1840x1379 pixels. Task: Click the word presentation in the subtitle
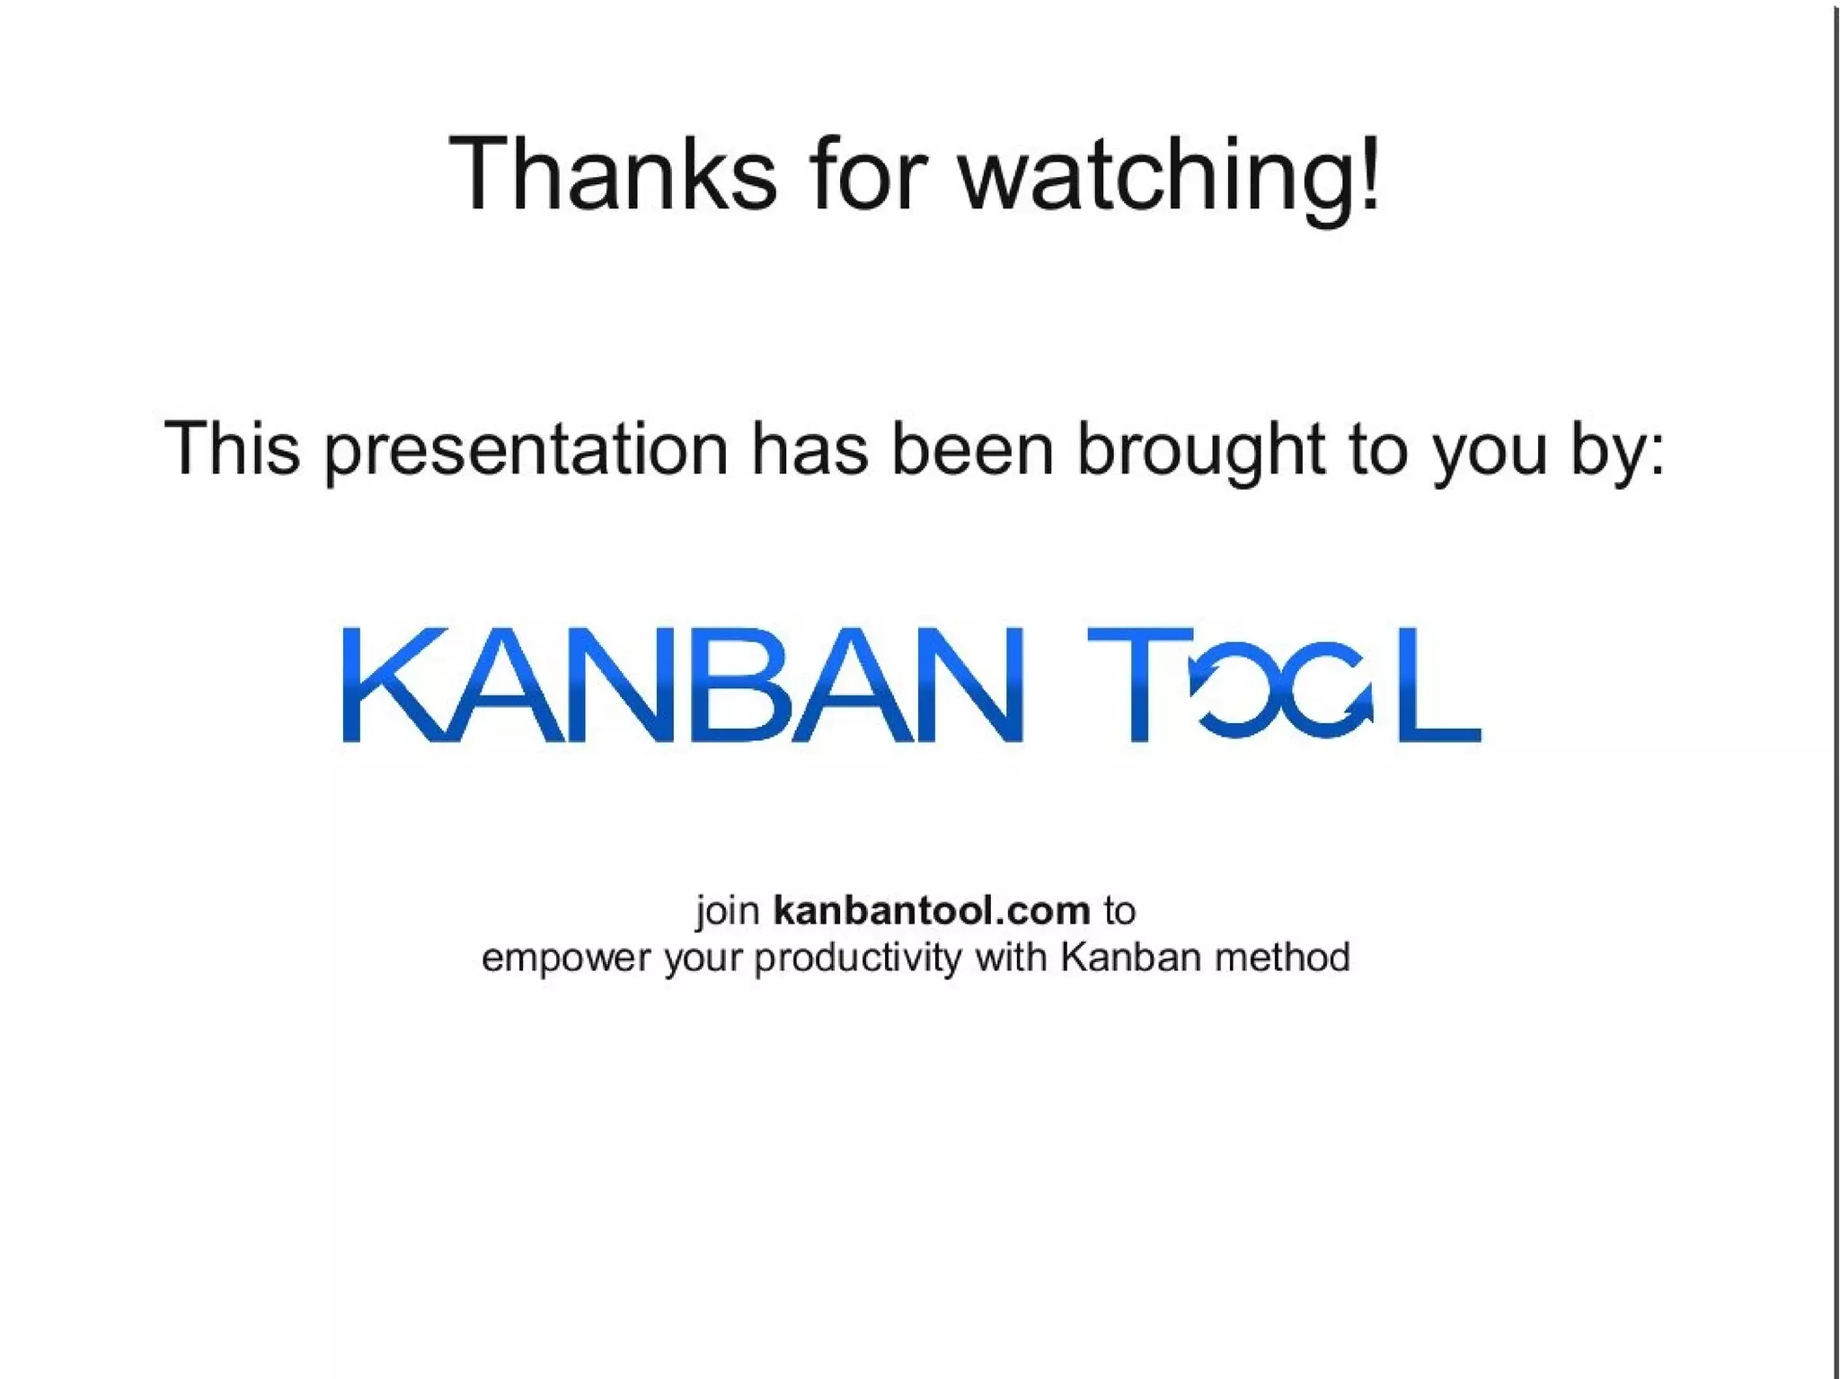pyautogui.click(x=526, y=450)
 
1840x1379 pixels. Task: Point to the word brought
pyautogui.click(x=1200, y=450)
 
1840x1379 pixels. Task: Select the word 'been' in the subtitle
pyautogui.click(x=971, y=448)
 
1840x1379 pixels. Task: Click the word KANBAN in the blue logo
pyautogui.click(x=683, y=685)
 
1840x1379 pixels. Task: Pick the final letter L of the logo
pyautogui.click(x=1437, y=685)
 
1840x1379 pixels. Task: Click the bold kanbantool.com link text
pyautogui.click(x=932, y=911)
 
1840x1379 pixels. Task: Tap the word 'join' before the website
pyautogui.click(x=728, y=912)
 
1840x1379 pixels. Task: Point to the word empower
pyautogui.click(x=565, y=959)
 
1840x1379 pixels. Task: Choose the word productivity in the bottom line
pyautogui.click(x=858, y=959)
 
